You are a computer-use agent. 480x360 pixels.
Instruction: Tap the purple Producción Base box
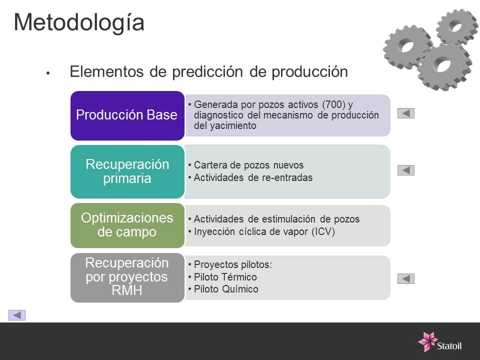(127, 115)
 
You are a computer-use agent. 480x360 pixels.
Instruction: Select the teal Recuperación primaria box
(127, 171)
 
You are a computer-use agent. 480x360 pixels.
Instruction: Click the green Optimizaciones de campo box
(127, 225)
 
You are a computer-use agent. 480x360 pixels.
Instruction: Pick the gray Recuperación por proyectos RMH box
(127, 277)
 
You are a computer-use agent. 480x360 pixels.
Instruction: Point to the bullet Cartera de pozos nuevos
(248, 165)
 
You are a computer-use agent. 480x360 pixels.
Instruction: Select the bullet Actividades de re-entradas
(253, 177)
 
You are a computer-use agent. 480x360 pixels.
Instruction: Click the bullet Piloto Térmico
(225, 277)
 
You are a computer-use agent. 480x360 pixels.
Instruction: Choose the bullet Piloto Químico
(226, 289)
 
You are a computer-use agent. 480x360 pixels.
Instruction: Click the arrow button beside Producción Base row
(406, 113)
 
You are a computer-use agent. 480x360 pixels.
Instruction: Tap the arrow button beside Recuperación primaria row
(406, 170)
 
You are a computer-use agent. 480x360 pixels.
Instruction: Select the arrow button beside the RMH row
(406, 278)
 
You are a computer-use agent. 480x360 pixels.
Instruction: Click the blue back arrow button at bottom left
(17, 315)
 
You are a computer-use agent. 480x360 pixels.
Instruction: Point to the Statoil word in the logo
(449, 346)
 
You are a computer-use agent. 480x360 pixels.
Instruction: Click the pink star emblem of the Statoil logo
(427, 341)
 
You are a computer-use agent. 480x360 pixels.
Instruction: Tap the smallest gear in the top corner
(456, 26)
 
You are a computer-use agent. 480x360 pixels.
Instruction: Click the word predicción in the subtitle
(207, 72)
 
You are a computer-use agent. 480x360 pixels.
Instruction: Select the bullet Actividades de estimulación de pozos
(276, 219)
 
